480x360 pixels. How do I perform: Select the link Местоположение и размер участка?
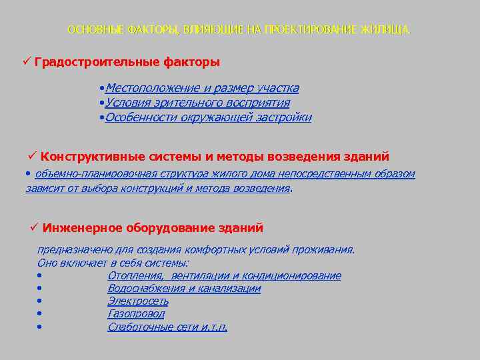[202, 88]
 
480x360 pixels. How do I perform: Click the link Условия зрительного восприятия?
[197, 103]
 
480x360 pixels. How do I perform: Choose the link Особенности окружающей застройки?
[208, 118]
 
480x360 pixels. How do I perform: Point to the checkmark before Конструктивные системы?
[33, 156]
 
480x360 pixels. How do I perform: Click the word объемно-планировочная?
[81, 174]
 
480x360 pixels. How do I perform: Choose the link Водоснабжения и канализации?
[184, 289]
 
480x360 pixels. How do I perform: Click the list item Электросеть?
[138, 301]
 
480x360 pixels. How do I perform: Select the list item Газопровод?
[136, 314]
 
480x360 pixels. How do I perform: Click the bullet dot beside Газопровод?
[40, 314]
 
